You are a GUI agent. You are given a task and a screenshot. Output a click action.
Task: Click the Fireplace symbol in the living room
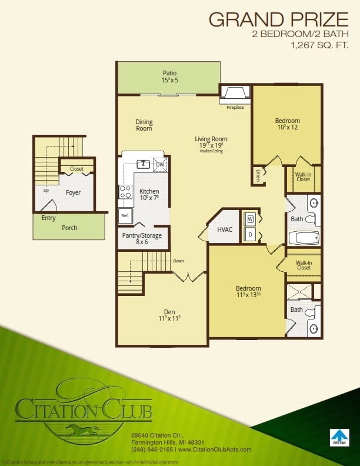(x=235, y=93)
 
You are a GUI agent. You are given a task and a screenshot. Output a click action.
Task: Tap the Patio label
(x=169, y=74)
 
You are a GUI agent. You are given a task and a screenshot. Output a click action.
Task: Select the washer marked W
(x=249, y=219)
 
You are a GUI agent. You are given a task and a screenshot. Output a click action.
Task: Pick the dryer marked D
(x=249, y=234)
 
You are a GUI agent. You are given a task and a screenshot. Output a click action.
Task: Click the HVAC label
(x=225, y=229)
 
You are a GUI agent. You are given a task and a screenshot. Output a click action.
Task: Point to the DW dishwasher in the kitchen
(x=159, y=165)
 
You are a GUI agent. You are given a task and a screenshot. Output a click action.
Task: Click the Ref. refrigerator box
(x=125, y=215)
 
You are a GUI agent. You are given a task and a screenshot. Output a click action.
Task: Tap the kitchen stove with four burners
(x=125, y=191)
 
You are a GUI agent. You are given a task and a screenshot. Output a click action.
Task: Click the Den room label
(x=169, y=312)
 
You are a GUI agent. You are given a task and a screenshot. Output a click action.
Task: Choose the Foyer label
(x=73, y=192)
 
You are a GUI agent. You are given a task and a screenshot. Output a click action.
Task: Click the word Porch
(x=69, y=228)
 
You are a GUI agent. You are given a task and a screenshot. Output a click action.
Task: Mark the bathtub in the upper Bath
(x=304, y=238)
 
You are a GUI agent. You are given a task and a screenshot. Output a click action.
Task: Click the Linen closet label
(x=258, y=174)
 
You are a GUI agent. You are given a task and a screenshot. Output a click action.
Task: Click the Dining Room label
(x=144, y=125)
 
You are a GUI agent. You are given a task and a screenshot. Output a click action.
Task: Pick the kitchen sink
(x=142, y=164)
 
